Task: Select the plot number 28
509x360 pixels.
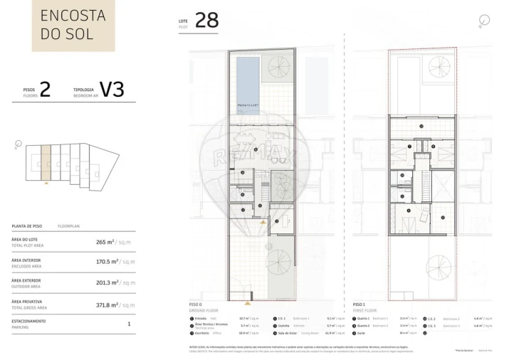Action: pyautogui.click(x=206, y=20)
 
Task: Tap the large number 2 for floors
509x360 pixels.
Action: pyautogui.click(x=45, y=89)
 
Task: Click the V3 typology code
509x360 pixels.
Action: pyautogui.click(x=112, y=89)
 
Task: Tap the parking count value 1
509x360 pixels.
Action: pyautogui.click(x=129, y=324)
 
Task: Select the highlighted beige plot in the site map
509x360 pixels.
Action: pyautogui.click(x=46, y=162)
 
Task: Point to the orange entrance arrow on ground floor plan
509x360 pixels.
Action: pyautogui.click(x=263, y=222)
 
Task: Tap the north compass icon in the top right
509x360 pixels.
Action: pyautogui.click(x=484, y=20)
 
